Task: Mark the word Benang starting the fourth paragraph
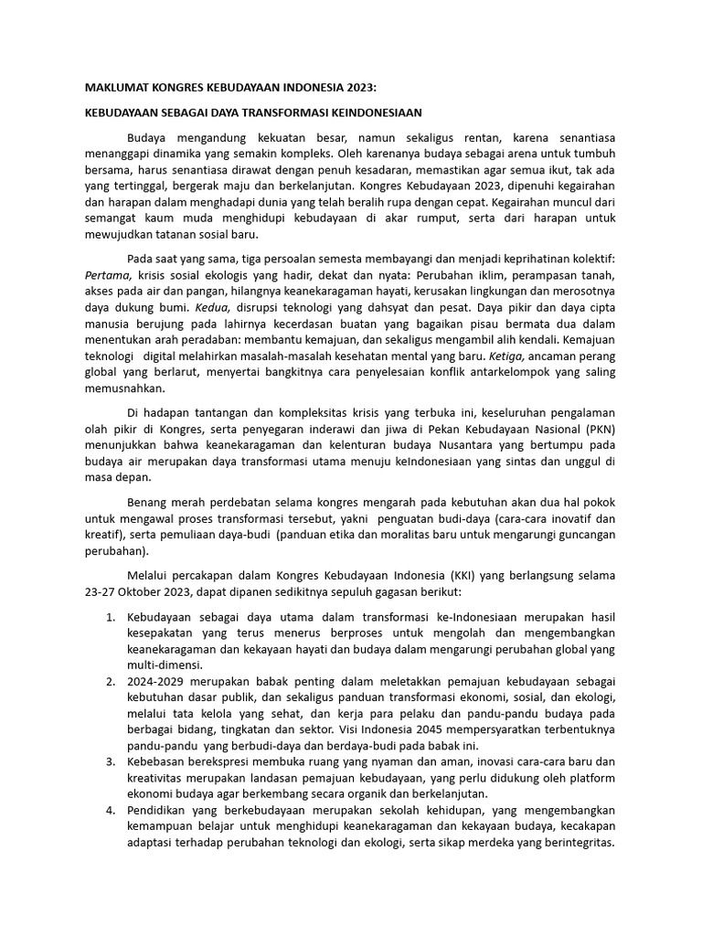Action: (147, 503)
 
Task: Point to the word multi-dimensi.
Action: (165, 665)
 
